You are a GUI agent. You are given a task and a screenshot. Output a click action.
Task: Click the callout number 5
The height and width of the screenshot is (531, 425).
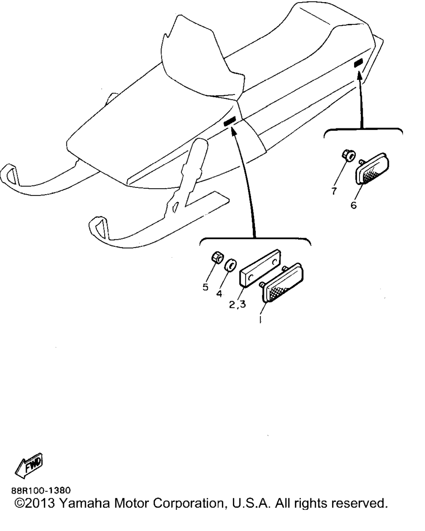coord(205,287)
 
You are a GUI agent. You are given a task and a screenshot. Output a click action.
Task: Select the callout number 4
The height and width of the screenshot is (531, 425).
coord(219,294)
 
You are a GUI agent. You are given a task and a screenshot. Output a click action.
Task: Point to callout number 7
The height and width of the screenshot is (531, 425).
coord(334,191)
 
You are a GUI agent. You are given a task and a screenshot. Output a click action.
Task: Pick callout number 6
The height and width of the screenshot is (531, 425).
coord(354,205)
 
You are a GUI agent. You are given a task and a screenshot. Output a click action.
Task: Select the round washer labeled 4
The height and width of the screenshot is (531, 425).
coord(230,265)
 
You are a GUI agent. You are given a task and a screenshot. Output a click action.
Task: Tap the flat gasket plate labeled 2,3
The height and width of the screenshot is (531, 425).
coord(260,268)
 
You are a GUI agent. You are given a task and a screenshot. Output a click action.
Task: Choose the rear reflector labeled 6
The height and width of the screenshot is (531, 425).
coord(371,168)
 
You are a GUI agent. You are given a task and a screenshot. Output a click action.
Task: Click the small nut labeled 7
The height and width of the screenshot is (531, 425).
coord(349,156)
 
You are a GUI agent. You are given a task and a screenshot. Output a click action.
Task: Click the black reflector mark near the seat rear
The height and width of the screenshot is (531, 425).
coord(358,63)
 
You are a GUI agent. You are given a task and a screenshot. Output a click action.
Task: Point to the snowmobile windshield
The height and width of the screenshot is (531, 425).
coord(203,57)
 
